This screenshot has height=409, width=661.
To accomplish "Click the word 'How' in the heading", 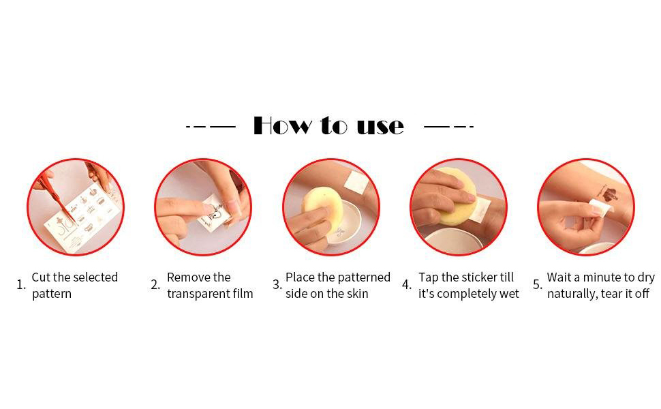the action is [x=282, y=125].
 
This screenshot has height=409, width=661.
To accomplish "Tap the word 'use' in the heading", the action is [x=380, y=126].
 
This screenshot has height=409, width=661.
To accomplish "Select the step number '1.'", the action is [x=21, y=285].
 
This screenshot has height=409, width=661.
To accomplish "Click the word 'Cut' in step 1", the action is [x=41, y=277].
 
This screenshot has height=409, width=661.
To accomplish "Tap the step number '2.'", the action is [x=155, y=285].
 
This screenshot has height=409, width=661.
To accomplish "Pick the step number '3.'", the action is [x=277, y=285].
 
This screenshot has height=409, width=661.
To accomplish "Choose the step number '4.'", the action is [x=406, y=285].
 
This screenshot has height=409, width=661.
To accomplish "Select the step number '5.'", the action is [x=538, y=285].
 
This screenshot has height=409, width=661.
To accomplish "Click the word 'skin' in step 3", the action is [x=358, y=294].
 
